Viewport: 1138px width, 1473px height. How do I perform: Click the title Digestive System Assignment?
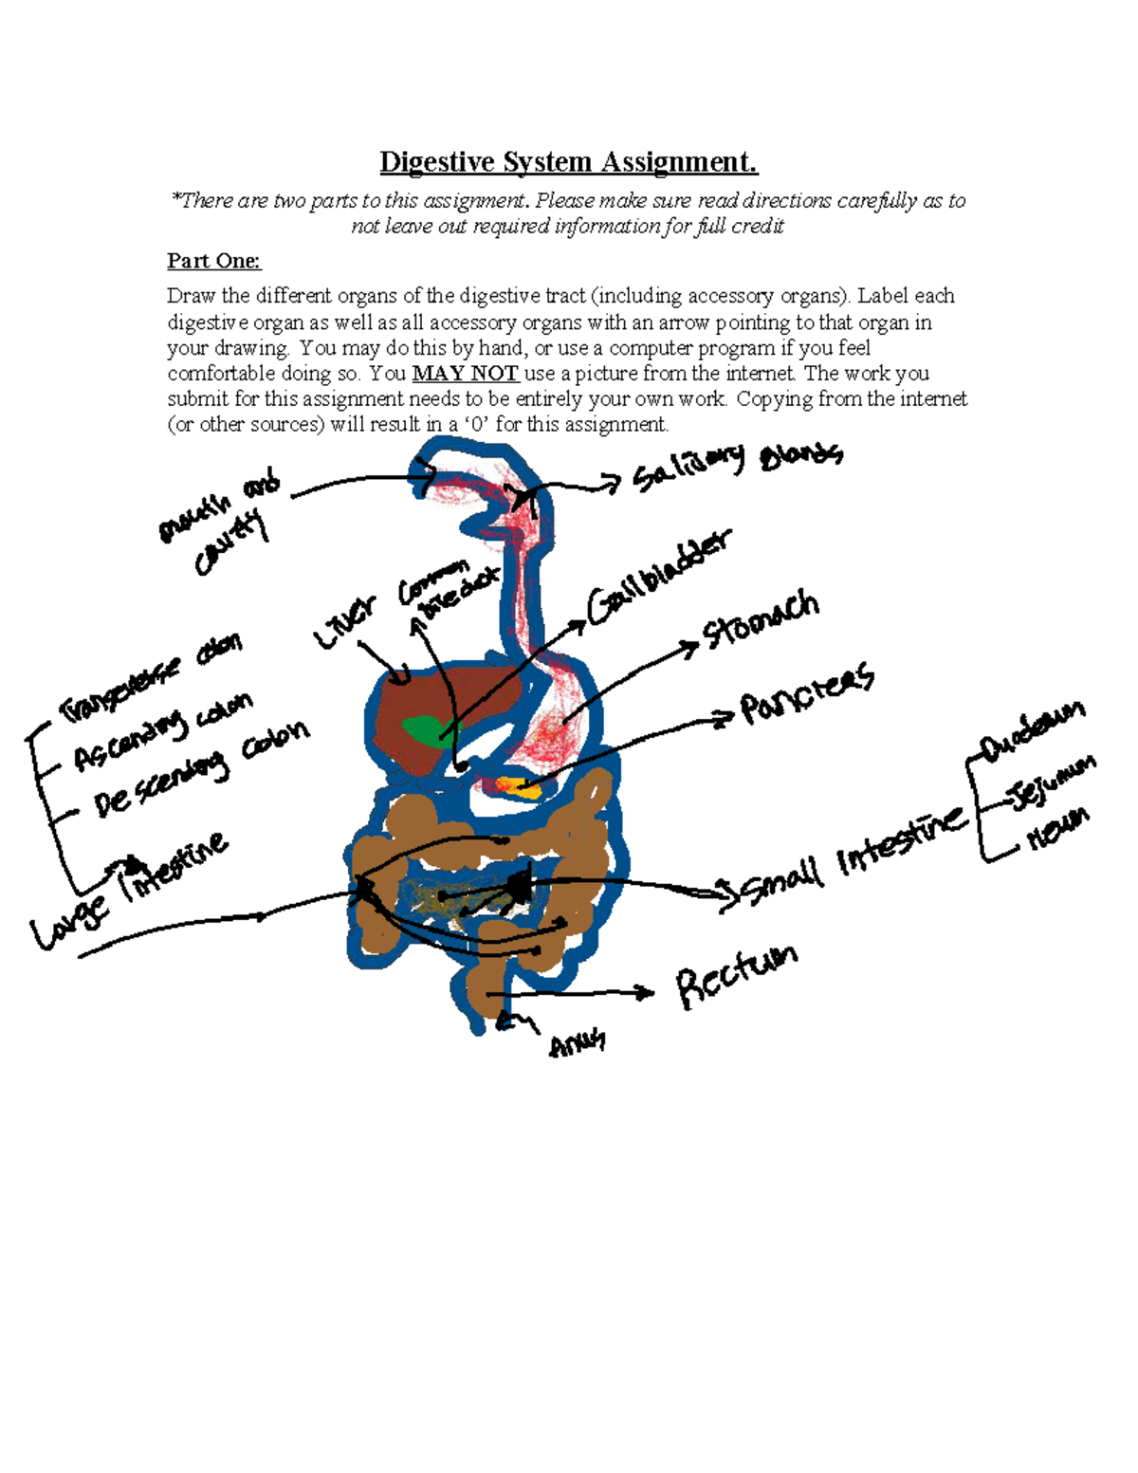[568, 162]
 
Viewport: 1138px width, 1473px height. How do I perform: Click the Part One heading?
[213, 261]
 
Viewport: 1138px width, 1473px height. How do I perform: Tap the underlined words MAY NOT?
[465, 374]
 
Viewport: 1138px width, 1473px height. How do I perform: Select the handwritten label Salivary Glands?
[736, 464]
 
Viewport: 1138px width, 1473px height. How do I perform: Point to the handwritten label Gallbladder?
[659, 579]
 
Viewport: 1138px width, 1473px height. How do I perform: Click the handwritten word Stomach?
[760, 620]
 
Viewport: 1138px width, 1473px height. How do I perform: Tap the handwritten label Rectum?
[736, 977]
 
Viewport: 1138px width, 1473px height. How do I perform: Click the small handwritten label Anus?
[577, 1044]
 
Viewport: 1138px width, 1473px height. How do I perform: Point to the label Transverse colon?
[152, 678]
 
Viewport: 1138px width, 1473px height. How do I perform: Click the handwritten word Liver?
[345, 622]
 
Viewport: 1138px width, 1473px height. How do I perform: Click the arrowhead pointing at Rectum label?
[647, 993]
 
